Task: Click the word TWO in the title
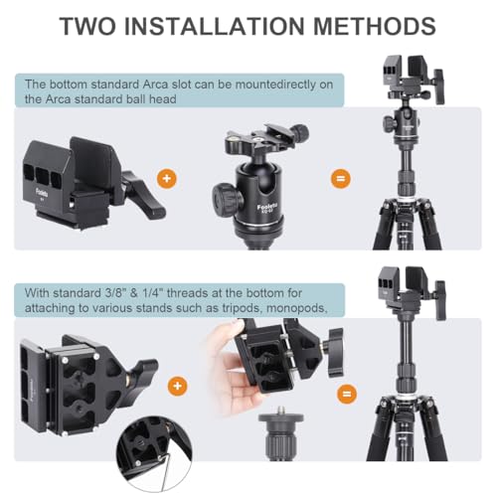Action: click(87, 26)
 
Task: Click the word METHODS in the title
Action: click(375, 26)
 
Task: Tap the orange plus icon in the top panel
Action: click(167, 179)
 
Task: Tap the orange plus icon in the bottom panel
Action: click(178, 386)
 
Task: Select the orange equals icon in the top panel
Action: click(341, 179)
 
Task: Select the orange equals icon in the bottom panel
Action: click(347, 394)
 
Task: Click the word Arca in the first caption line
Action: click(155, 84)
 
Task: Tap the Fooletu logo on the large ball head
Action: click(267, 208)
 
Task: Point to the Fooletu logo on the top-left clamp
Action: click(42, 192)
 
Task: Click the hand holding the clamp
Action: click(229, 368)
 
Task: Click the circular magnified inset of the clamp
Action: click(154, 454)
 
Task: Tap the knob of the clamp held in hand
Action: click(335, 353)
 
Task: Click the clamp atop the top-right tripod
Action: click(414, 80)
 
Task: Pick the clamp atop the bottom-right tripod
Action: click(413, 291)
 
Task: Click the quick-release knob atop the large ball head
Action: click(301, 132)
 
